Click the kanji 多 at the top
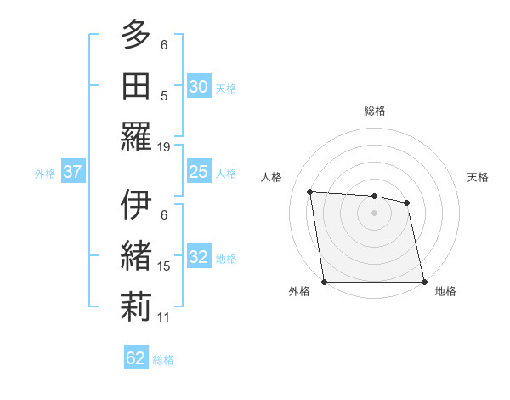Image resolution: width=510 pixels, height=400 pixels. (x=136, y=35)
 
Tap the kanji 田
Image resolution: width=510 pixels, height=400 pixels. (x=136, y=85)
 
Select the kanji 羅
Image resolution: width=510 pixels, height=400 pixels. (x=136, y=136)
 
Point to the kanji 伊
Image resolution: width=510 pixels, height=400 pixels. (x=136, y=204)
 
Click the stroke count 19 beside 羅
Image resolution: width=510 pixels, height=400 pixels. (x=164, y=146)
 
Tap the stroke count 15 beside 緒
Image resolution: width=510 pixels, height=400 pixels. (x=164, y=266)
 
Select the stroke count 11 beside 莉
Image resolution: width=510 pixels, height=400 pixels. (x=164, y=317)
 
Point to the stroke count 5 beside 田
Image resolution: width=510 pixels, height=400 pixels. (x=164, y=95)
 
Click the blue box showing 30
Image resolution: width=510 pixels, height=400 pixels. (x=198, y=87)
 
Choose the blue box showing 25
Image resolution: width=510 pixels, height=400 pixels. (x=198, y=173)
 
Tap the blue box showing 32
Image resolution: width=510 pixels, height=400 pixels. (x=198, y=258)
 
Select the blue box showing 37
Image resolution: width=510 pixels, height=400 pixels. (x=72, y=173)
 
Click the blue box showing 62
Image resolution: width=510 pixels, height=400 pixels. (x=136, y=358)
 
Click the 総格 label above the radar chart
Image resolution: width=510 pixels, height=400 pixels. (x=374, y=111)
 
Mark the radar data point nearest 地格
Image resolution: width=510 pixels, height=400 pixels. (x=423, y=282)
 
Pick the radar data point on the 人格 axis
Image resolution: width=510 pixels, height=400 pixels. (x=310, y=191)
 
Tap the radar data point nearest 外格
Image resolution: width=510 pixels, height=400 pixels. (x=324, y=282)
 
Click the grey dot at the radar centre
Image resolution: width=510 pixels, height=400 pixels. (x=374, y=213)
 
